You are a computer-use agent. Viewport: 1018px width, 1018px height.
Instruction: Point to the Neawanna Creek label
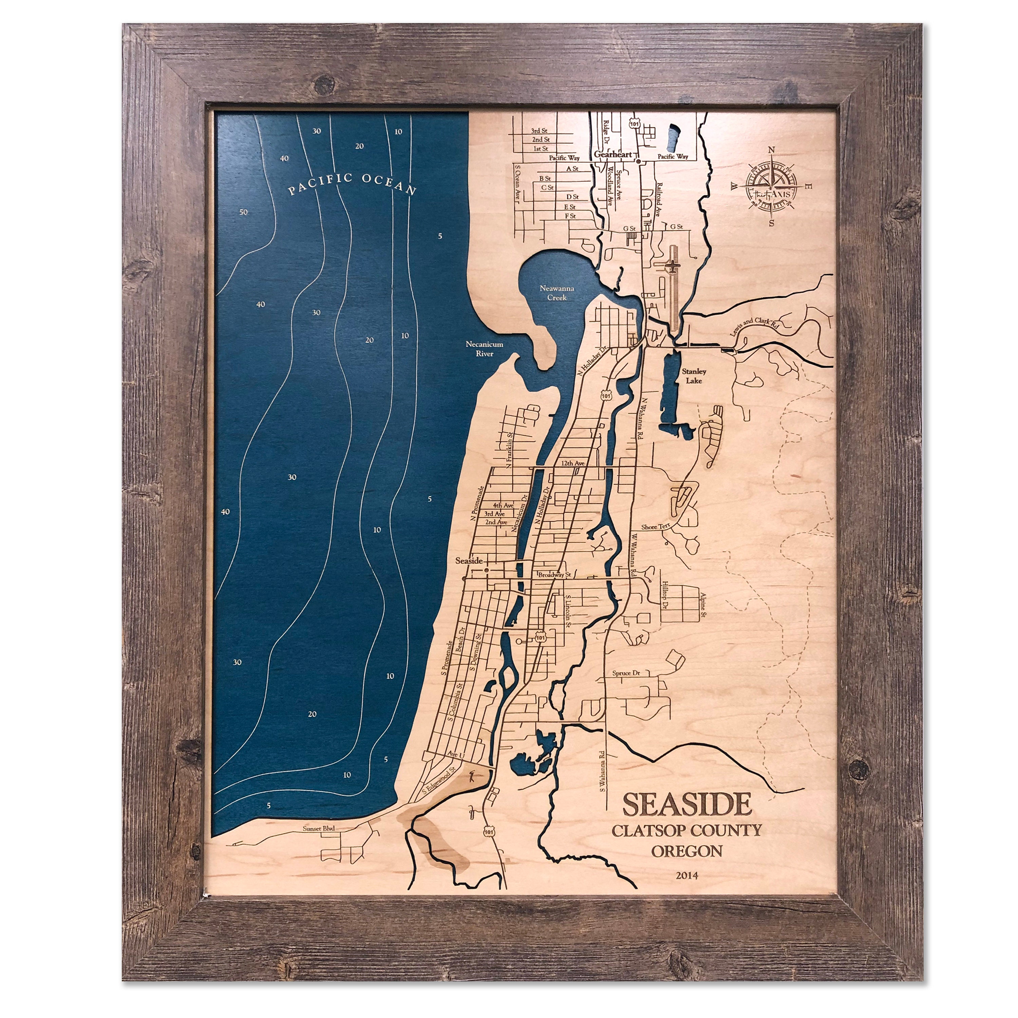pyautogui.click(x=556, y=293)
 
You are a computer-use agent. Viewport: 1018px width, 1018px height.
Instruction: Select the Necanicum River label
pyautogui.click(x=484, y=349)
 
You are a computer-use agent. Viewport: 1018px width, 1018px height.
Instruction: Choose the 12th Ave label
pyautogui.click(x=573, y=463)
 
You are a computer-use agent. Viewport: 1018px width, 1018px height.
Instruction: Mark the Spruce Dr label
pyautogui.click(x=626, y=673)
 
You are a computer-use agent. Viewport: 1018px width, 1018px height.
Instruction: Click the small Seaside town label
pyautogui.click(x=468, y=561)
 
